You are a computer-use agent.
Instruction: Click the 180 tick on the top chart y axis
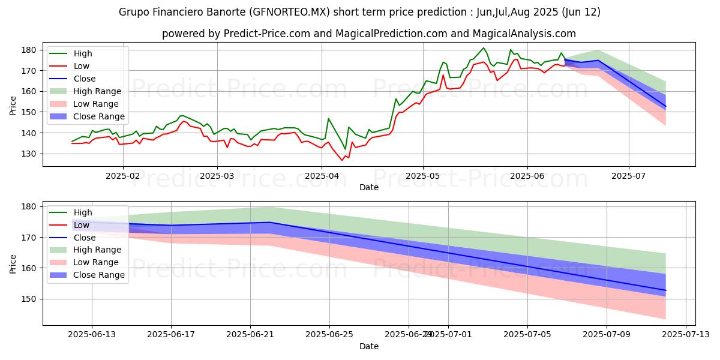(32, 50)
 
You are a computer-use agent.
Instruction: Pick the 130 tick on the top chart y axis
(32, 154)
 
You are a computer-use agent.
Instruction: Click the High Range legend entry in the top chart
(97, 91)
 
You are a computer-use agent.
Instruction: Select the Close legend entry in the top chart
(84, 79)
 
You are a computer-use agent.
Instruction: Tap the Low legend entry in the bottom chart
(81, 225)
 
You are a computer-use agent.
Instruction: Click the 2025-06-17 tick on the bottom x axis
(171, 335)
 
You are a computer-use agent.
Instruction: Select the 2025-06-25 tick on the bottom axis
(329, 335)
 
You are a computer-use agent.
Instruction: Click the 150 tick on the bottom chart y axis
(32, 299)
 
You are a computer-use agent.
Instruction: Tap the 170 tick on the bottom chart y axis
(32, 238)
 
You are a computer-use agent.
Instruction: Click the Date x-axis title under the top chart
(368, 188)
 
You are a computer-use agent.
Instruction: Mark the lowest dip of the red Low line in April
(342, 160)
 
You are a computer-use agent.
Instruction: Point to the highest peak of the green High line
(484, 48)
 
